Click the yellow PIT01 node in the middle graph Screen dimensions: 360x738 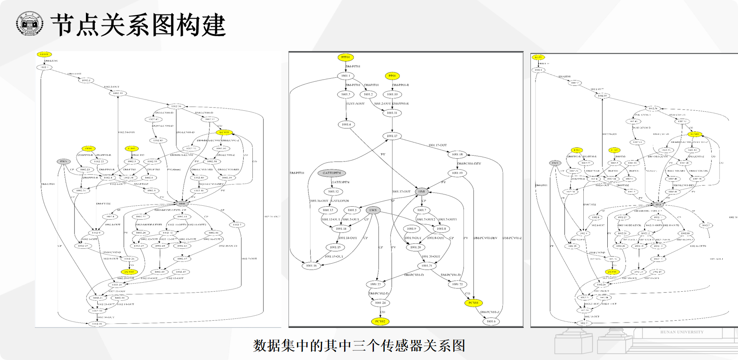click(x=345, y=57)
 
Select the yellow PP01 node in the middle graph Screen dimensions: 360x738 click(x=392, y=76)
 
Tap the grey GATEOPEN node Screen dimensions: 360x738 click(x=332, y=173)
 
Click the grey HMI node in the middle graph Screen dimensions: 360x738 click(x=421, y=192)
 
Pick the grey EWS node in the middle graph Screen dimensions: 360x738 click(x=373, y=210)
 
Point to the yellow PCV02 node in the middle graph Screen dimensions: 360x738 click(x=380, y=322)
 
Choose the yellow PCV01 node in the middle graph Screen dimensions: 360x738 click(x=473, y=303)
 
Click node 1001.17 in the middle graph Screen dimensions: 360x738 click(x=392, y=136)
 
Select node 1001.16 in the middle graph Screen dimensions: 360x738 click(x=311, y=266)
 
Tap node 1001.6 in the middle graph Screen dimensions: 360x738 click(x=491, y=322)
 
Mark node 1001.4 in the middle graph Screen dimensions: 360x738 click(x=346, y=124)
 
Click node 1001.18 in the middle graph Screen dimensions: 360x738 click(x=457, y=155)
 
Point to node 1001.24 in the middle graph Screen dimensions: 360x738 click(x=380, y=303)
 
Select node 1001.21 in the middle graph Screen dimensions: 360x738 click(x=427, y=266)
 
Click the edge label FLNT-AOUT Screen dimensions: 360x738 click(x=355, y=104)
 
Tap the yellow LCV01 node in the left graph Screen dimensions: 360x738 click(x=224, y=133)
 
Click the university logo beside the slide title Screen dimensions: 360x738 click(x=29, y=24)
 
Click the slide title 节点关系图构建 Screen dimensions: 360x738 click(x=138, y=24)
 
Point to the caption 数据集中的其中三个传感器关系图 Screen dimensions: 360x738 click(x=359, y=346)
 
